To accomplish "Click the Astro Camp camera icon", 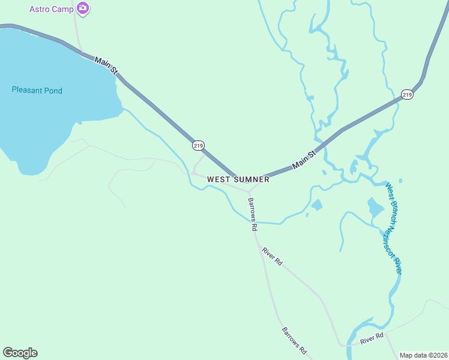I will click(x=83, y=9).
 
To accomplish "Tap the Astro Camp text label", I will click(x=52, y=10).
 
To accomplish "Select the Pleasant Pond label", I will click(x=37, y=91).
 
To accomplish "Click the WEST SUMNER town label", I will click(x=238, y=179).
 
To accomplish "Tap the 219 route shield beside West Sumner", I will click(x=199, y=145).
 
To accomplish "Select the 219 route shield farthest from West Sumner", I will click(x=407, y=95).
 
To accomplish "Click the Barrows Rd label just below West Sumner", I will click(x=253, y=214).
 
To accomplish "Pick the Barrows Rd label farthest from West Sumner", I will click(x=295, y=340).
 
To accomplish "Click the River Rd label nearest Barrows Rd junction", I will click(x=272, y=256).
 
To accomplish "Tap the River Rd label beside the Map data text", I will click(x=372, y=339).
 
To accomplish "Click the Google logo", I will click(x=20, y=353).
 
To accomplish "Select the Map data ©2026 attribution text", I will click(x=423, y=355).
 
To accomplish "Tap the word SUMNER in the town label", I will click(x=251, y=179).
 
